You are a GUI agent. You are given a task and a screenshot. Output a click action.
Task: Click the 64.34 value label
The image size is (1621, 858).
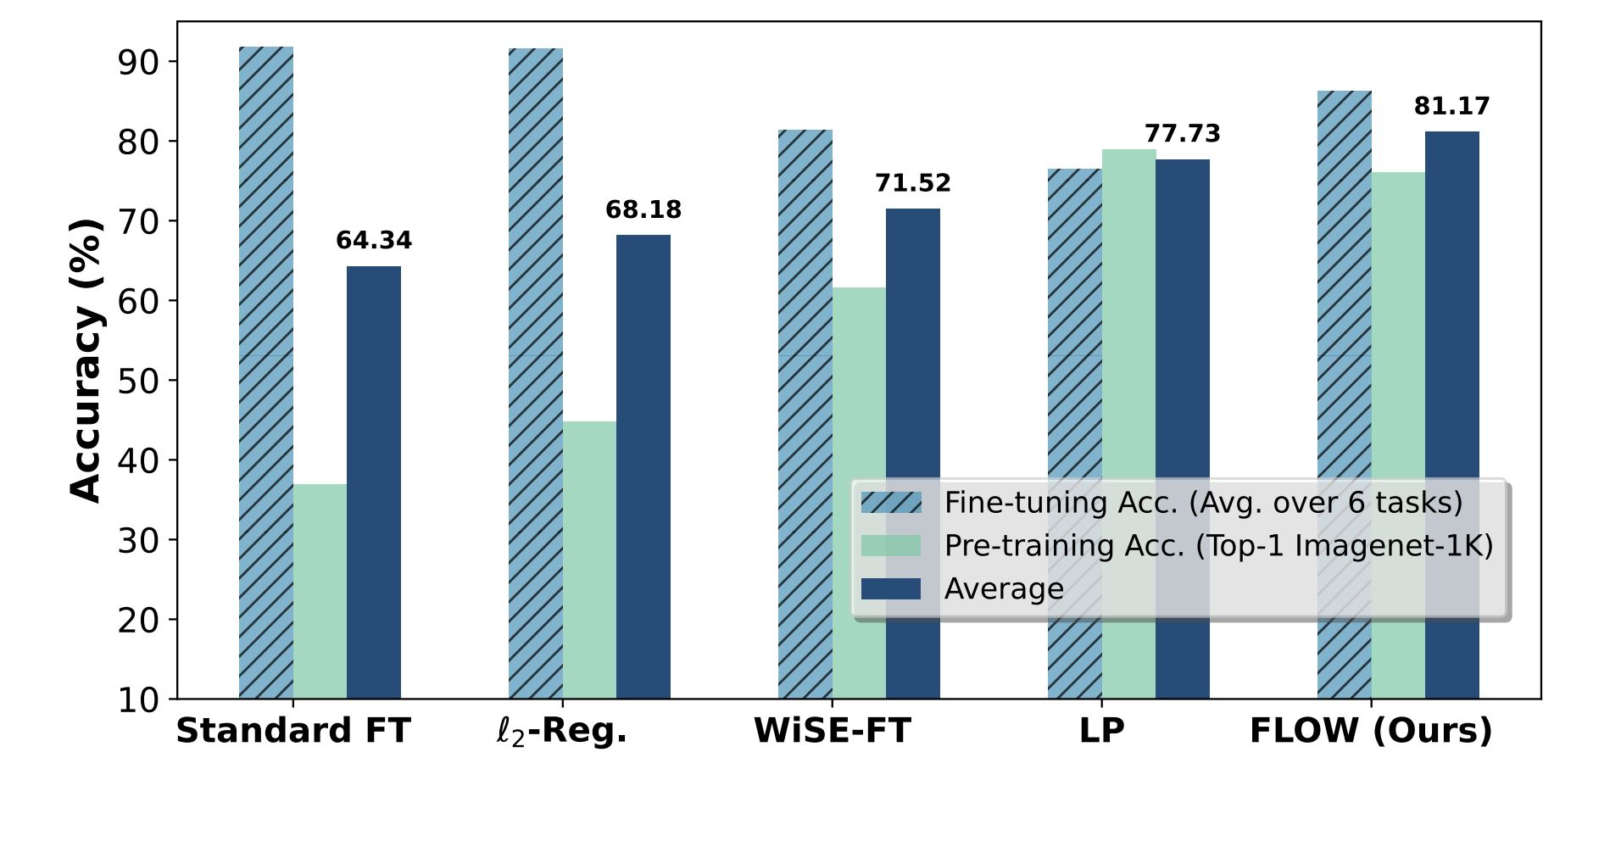(x=374, y=241)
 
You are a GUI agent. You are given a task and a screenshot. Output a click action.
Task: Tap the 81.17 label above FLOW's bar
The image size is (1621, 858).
(x=1451, y=106)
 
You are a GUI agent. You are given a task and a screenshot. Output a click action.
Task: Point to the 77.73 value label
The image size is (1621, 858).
(x=1182, y=133)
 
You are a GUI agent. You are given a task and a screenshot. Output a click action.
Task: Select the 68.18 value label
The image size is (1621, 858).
(x=643, y=209)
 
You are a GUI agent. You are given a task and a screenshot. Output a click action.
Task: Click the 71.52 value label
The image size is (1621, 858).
(x=913, y=183)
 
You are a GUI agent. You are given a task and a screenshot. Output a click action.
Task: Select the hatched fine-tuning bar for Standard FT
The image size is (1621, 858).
(x=266, y=373)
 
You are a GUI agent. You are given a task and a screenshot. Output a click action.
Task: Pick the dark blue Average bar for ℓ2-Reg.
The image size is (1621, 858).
(x=643, y=466)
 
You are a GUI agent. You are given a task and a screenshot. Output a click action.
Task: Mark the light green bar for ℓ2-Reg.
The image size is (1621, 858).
(x=589, y=560)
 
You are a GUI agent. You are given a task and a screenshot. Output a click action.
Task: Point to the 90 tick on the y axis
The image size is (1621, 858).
(x=137, y=63)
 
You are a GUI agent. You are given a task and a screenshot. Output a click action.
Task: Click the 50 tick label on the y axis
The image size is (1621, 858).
(x=137, y=382)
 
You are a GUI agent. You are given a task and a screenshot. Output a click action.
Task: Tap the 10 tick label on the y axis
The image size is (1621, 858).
(x=137, y=700)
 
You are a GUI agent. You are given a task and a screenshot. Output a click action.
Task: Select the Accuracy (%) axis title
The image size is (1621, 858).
(x=86, y=360)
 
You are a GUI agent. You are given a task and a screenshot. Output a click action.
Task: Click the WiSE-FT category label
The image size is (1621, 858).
(x=832, y=731)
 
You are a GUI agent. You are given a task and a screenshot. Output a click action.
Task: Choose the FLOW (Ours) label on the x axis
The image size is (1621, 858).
(x=1370, y=731)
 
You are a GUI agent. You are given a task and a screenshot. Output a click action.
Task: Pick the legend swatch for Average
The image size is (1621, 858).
(x=890, y=588)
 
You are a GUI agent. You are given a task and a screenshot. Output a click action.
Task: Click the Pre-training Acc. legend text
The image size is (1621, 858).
(x=1217, y=545)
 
